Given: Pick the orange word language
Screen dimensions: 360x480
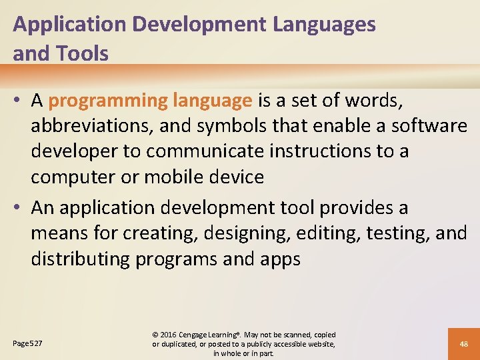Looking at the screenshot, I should pyautogui.click(x=212, y=101).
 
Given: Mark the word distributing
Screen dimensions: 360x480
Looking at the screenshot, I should pyautogui.click(x=80, y=259).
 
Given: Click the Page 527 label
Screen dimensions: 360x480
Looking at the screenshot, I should pyautogui.click(x=27, y=343).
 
